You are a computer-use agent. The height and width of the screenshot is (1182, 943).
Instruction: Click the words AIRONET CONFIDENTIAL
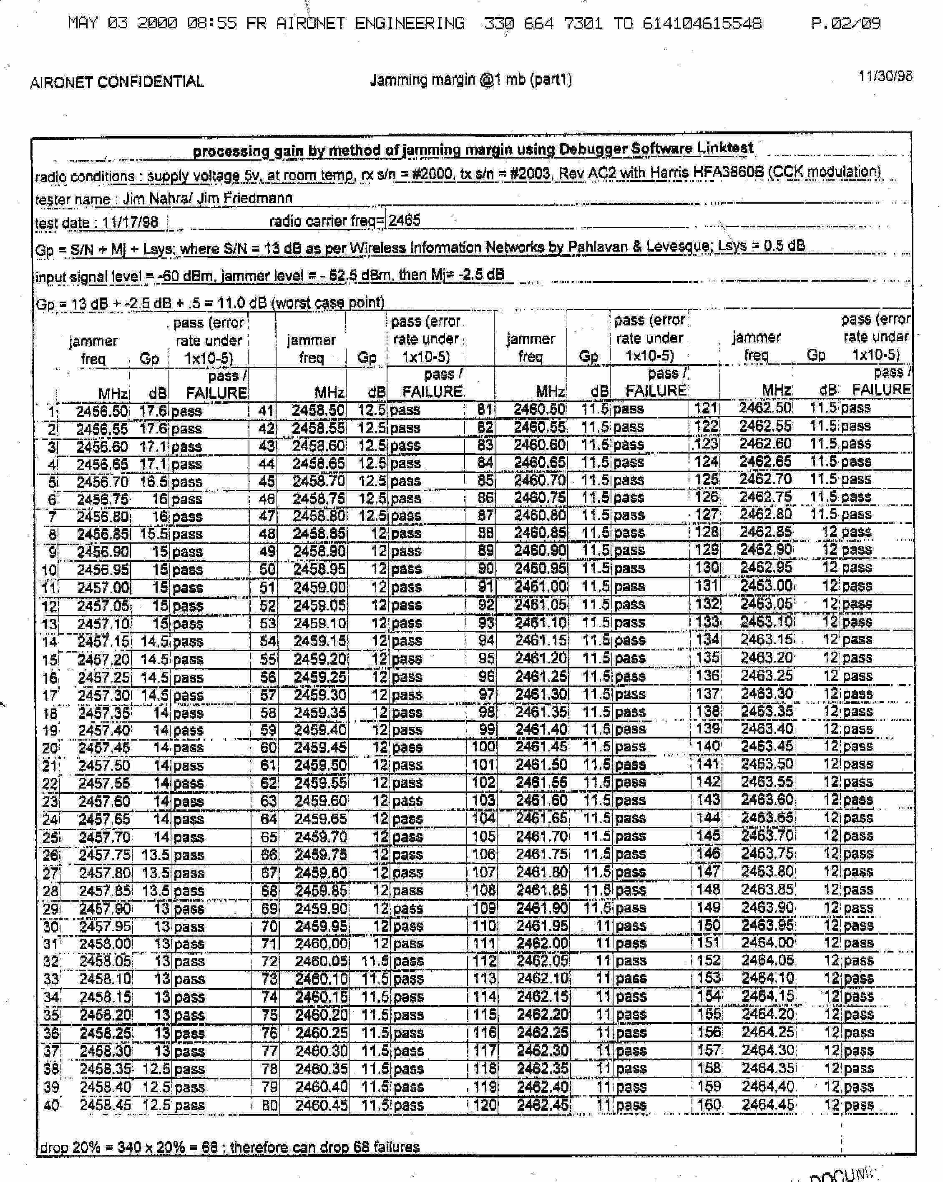coord(117,82)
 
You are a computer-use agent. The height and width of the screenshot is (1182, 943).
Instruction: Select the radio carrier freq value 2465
coord(405,220)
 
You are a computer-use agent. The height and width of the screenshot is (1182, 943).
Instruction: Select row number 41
coord(266,410)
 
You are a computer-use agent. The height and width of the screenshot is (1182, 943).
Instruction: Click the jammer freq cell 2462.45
coord(543,1105)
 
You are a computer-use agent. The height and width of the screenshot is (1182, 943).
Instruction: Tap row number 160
coord(709,1104)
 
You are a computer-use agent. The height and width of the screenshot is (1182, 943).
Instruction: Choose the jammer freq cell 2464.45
coord(768,1104)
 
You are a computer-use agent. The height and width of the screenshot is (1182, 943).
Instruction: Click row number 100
coord(484,747)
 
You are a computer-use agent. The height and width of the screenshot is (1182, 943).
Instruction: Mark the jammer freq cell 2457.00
coord(103,588)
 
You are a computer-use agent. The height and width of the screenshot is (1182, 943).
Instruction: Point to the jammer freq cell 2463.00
coord(766,585)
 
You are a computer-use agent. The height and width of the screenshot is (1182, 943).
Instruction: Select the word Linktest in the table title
coord(725,147)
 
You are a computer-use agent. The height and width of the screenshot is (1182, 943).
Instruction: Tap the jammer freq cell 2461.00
coord(541,587)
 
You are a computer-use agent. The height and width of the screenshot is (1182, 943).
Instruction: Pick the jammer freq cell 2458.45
coord(105,1105)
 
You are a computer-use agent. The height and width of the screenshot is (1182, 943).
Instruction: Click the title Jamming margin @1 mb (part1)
coord(471,80)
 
